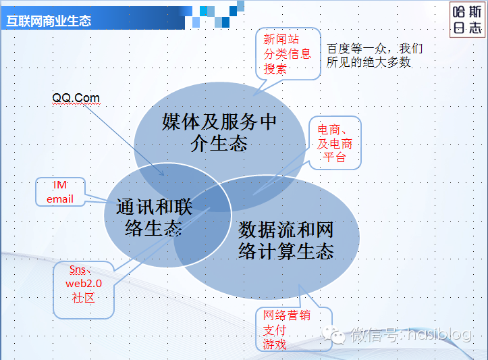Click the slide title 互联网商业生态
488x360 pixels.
click(x=49, y=21)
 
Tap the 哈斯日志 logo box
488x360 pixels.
click(x=467, y=19)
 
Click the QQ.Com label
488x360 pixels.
click(x=76, y=98)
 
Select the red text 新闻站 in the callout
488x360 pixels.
click(x=281, y=39)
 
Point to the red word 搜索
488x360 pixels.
click(x=275, y=69)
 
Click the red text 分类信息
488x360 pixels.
click(x=287, y=54)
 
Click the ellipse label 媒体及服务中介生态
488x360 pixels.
click(x=220, y=132)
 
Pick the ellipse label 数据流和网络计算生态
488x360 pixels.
click(x=286, y=240)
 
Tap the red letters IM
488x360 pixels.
click(x=60, y=185)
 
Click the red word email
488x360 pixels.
click(x=60, y=199)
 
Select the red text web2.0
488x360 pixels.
click(x=84, y=284)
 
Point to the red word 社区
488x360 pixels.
click(x=83, y=298)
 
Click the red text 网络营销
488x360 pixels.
click(x=287, y=315)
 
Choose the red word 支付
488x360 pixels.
click(x=275, y=330)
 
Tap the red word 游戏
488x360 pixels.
click(x=275, y=344)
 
